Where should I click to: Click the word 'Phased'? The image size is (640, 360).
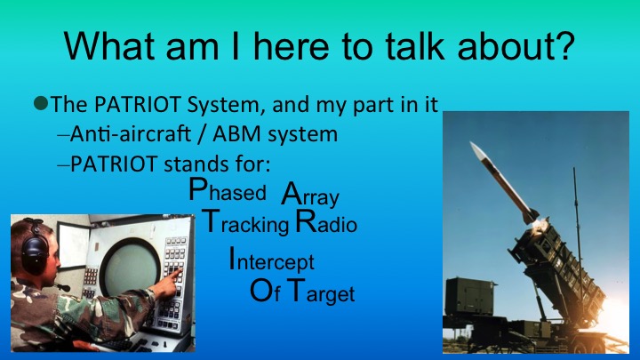coord(227,191)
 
